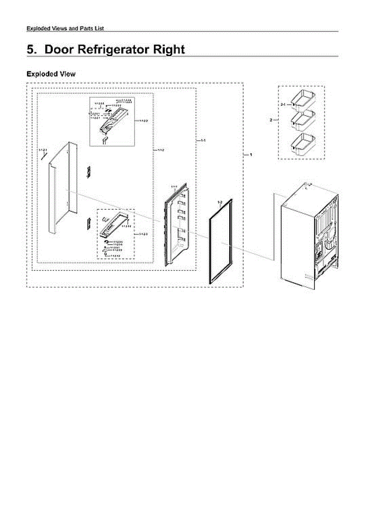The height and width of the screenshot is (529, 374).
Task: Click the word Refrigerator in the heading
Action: [x=112, y=49]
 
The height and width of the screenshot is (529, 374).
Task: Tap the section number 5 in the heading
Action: [x=30, y=49]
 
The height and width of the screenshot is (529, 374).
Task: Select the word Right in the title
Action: [x=168, y=49]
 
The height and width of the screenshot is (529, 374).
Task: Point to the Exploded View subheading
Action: [x=51, y=74]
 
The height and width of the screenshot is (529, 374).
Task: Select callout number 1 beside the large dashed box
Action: [x=250, y=155]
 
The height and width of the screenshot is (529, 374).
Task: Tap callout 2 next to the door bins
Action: [x=271, y=119]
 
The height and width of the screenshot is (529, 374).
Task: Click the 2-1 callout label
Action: [x=283, y=104]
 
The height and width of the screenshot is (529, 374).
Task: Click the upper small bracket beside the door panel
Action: [x=89, y=172]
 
